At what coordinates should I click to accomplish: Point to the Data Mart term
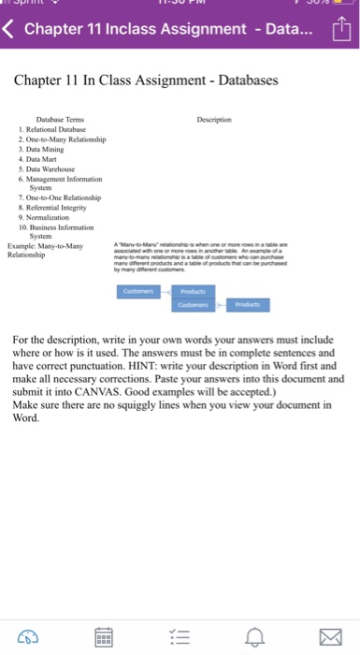pos(45,158)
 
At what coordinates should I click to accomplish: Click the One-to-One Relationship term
pos(66,196)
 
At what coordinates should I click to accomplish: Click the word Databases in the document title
pos(243,80)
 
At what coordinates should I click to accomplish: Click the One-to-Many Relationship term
pos(66,139)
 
